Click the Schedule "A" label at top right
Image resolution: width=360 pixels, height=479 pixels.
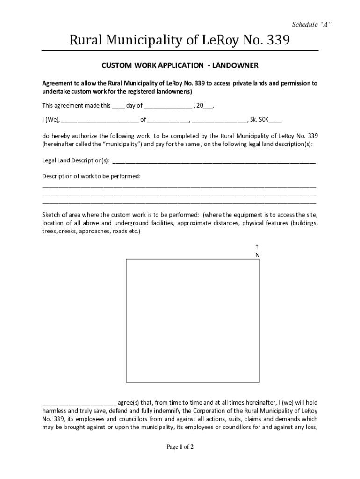pos(312,24)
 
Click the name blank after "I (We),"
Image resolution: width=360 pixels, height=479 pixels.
pos(100,120)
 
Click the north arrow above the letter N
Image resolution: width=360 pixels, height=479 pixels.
pos(257,247)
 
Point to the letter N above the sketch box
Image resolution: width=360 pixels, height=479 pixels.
pos(257,255)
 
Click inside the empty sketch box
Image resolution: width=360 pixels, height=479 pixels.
pos(193,320)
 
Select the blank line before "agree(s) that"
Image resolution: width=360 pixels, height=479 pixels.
pos(79,403)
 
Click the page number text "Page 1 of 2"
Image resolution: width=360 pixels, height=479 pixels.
pos(180,447)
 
